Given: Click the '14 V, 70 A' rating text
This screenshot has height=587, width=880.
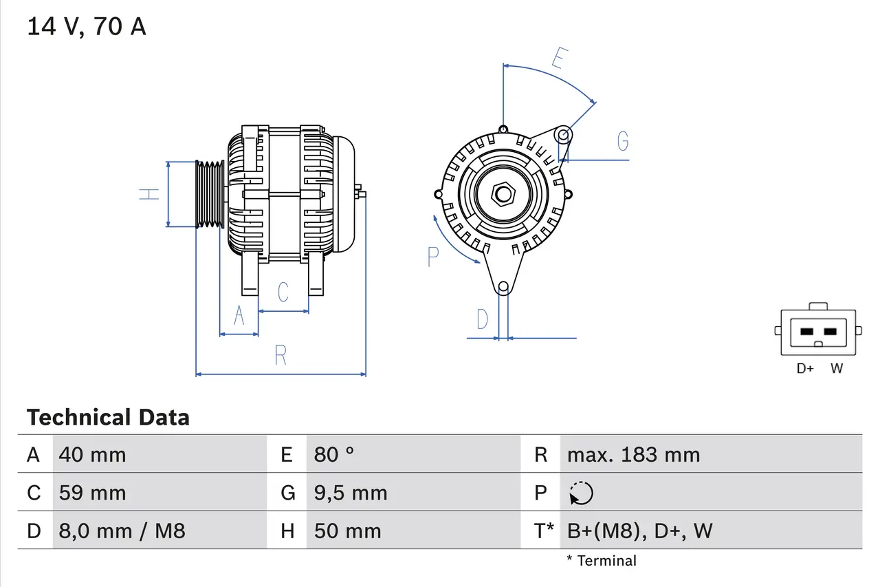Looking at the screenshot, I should [x=87, y=27].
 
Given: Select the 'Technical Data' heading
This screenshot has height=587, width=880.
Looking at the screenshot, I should [x=108, y=417].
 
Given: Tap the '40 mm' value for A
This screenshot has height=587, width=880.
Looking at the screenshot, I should [x=92, y=454].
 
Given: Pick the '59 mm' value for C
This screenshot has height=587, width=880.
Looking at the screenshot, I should [x=92, y=493].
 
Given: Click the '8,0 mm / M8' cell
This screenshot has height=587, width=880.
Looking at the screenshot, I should [x=122, y=531].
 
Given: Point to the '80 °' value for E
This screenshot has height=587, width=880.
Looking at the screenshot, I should [x=334, y=454].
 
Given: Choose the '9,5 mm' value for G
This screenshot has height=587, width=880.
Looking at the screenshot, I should [x=351, y=493].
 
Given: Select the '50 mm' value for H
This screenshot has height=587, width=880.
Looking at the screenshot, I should [x=347, y=531].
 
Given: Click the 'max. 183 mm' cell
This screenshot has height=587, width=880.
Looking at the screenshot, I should [x=633, y=454].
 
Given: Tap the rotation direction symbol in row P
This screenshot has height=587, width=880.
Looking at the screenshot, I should [x=581, y=493].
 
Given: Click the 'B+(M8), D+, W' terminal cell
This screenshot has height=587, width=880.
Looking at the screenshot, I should [x=639, y=531].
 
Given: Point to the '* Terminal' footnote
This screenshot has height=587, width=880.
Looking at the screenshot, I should [x=602, y=560].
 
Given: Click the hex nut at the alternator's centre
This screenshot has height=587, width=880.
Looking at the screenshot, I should [x=503, y=194].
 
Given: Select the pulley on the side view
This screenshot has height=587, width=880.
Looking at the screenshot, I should [x=210, y=194].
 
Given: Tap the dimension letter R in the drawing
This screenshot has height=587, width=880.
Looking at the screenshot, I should [x=280, y=356].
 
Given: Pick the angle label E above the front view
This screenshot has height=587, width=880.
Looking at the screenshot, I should [x=558, y=59].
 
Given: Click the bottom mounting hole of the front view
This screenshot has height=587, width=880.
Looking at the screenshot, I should [x=503, y=286].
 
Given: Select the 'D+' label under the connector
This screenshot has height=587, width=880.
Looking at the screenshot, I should [x=805, y=368].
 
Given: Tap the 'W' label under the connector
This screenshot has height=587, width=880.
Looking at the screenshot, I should [x=836, y=368].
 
